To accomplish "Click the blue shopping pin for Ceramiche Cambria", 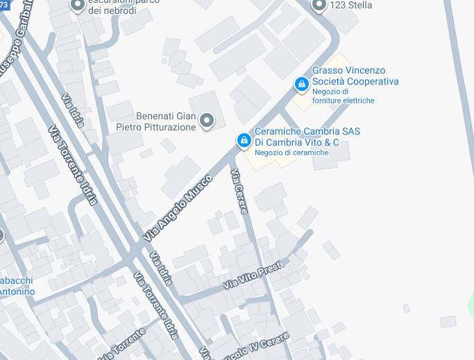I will coord(244,141).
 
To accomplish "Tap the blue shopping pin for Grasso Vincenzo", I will coord(301,85).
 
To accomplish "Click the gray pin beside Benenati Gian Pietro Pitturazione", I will coord(206,121).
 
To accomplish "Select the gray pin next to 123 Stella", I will coord(319,6).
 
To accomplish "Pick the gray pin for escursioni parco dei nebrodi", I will coord(78,6).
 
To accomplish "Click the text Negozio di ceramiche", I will coord(291,153).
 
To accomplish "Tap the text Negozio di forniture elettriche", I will coord(343,96).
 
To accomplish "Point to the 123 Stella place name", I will coord(350,5).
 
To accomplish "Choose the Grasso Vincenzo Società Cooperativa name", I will coord(355,76).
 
